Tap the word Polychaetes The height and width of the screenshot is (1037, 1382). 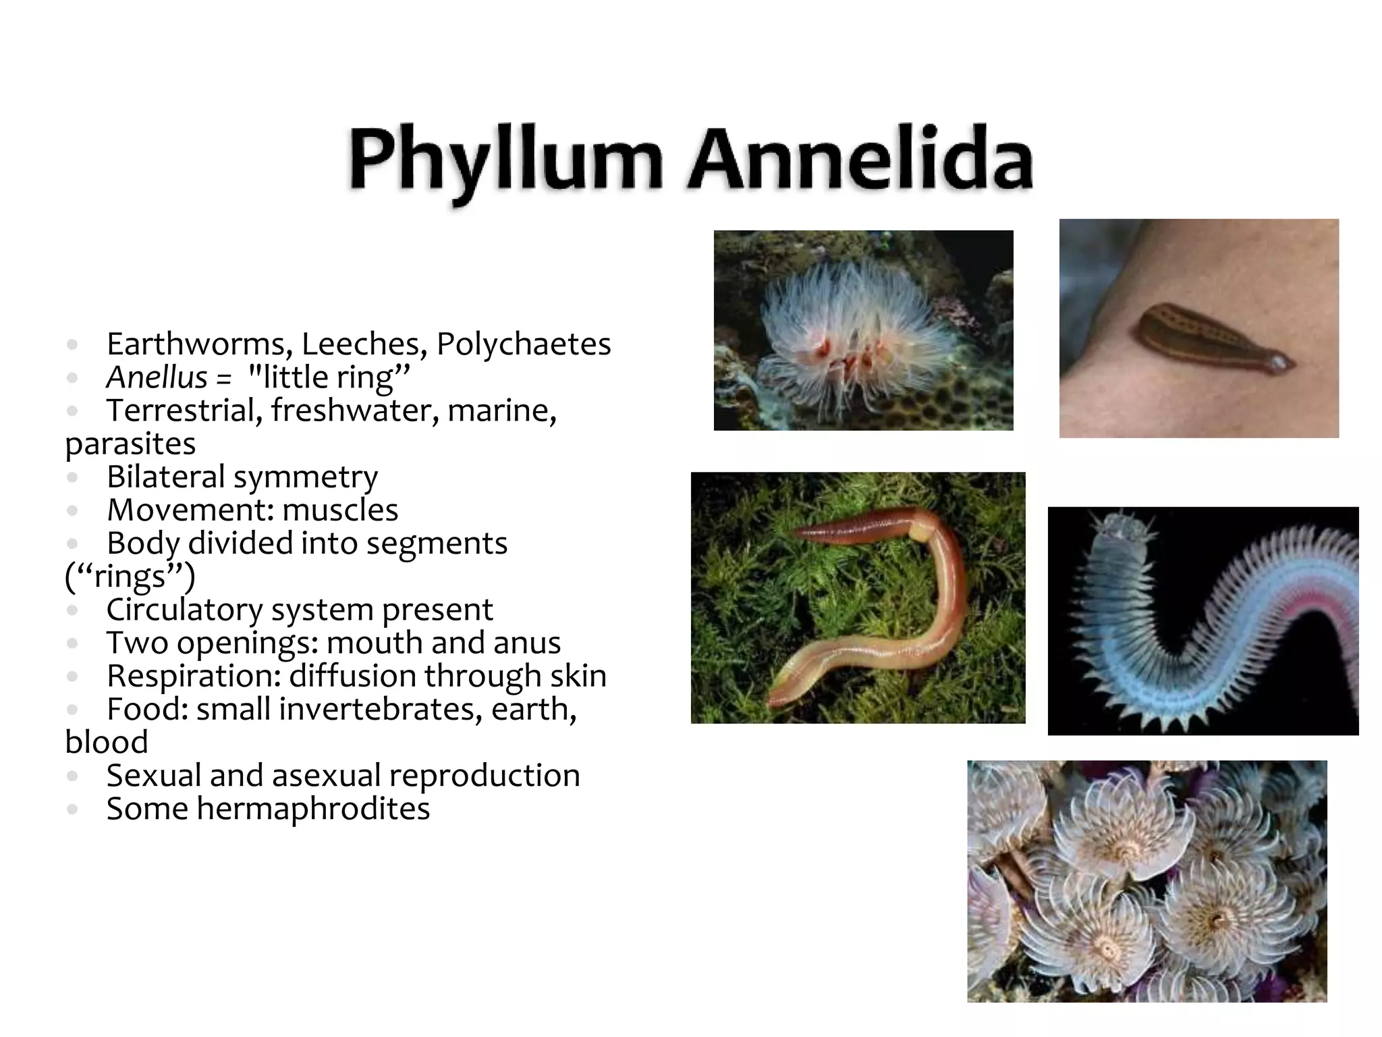[x=524, y=344]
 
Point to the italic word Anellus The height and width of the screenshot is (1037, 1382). [x=157, y=377]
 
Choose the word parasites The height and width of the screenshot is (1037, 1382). [x=130, y=444]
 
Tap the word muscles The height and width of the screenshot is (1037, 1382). [x=340, y=510]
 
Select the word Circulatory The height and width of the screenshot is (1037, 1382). [x=184, y=610]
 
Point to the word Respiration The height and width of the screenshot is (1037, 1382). [x=194, y=676]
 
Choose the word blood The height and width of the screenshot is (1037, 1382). [x=107, y=743]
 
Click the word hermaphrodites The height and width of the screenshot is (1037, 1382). [x=313, y=809]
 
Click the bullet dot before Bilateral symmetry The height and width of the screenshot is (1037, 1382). [x=73, y=478]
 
